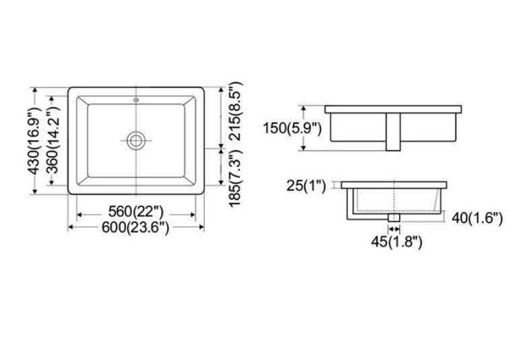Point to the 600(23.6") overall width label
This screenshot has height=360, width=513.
pyautogui.click(x=136, y=228)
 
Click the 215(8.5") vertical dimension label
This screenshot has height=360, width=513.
pyautogui.click(x=235, y=111)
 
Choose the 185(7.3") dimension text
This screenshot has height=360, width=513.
pyautogui.click(x=235, y=180)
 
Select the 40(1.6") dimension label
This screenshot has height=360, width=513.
pyautogui.click(x=477, y=218)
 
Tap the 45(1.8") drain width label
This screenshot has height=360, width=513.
pyautogui.click(x=395, y=242)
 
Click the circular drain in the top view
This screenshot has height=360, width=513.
pyautogui.click(x=137, y=140)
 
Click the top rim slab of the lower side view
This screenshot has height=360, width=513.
pyautogui.click(x=395, y=184)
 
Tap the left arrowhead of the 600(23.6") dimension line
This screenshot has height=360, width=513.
pyautogui.click(x=70, y=227)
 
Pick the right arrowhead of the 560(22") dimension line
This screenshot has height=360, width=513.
pyautogui.click(x=193, y=215)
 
